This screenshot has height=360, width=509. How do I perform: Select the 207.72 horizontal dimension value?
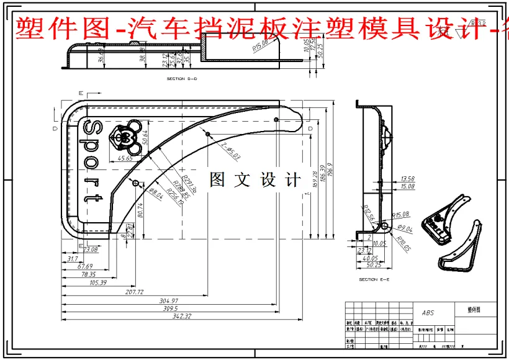pos(135,292)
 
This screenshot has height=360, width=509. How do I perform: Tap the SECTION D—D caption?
pos(181,79)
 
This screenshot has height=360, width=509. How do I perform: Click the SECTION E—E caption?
pos(374,280)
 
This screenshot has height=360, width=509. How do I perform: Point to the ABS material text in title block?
pos(428,313)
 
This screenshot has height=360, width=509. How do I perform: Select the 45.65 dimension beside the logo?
pos(125,158)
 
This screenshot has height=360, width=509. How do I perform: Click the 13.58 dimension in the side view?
pos(408,179)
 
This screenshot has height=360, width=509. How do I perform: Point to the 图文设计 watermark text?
pos(255,180)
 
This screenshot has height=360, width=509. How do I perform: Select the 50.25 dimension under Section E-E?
pos(374,265)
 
